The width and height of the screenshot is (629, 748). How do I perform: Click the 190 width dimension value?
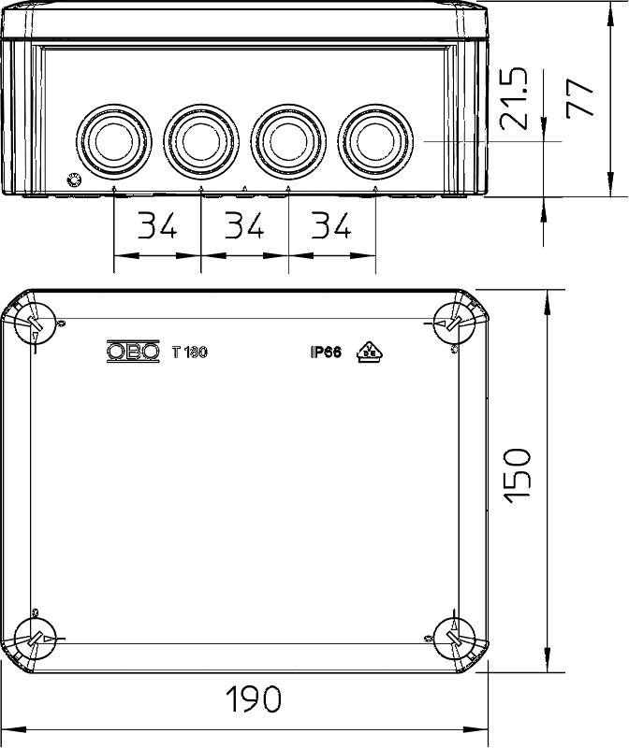pyautogui.click(x=253, y=698)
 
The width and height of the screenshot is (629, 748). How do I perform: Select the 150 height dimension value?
pyautogui.click(x=518, y=476)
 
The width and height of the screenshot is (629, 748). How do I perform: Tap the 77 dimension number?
pyautogui.click(x=579, y=98)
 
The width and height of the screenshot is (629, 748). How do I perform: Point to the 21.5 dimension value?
pyautogui.click(x=514, y=99)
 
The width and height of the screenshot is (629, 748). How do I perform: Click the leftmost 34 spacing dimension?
pyautogui.click(x=157, y=225)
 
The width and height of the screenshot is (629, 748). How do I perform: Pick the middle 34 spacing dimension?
pyautogui.click(x=244, y=225)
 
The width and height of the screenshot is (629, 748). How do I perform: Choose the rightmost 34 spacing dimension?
pyautogui.click(x=331, y=225)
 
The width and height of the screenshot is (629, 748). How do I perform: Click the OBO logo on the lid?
pyautogui.click(x=133, y=352)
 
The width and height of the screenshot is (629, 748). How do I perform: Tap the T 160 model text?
pyautogui.click(x=190, y=352)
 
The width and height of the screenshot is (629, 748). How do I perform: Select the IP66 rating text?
pyautogui.click(x=327, y=352)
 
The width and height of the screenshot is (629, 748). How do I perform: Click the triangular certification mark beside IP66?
pyautogui.click(x=370, y=352)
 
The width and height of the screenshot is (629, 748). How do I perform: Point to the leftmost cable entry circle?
pyautogui.click(x=113, y=141)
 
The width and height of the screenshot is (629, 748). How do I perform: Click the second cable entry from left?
pyautogui.click(x=201, y=141)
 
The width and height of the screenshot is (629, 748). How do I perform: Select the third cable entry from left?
pyautogui.click(x=288, y=141)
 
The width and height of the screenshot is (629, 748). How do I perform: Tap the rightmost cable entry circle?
pyautogui.click(x=375, y=141)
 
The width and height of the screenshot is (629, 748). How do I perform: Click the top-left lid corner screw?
pyautogui.click(x=36, y=323)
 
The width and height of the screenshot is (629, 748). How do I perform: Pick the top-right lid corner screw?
pyautogui.click(x=454, y=323)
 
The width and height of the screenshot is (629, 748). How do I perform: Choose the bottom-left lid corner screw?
pyautogui.click(x=36, y=639)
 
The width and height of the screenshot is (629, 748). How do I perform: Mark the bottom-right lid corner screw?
pyautogui.click(x=454, y=639)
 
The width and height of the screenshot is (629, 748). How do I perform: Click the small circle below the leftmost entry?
pyautogui.click(x=74, y=180)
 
